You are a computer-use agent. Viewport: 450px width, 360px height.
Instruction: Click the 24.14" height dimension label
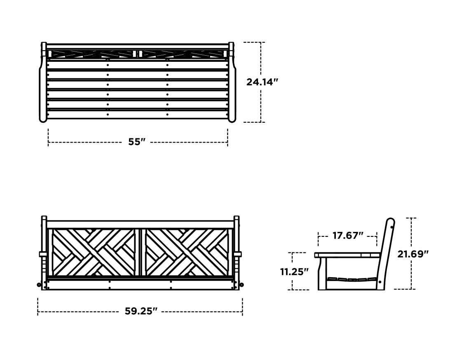click(262, 82)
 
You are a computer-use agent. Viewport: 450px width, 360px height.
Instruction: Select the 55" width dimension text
click(137, 142)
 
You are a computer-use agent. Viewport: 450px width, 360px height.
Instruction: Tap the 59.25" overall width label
click(141, 311)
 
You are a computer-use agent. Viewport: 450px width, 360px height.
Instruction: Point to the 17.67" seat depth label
click(347, 236)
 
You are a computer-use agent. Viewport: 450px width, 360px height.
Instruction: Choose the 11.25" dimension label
click(294, 272)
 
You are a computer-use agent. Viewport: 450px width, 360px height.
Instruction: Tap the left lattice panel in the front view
click(94, 252)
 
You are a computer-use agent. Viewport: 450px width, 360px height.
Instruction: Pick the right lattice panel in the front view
click(187, 252)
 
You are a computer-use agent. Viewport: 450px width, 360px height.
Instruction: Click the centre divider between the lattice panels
click(140, 252)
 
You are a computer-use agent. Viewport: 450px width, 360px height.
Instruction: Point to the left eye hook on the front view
click(39, 285)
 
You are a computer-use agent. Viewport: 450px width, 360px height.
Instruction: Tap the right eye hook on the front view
click(241, 285)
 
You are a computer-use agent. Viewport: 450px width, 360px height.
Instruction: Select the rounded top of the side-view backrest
click(391, 222)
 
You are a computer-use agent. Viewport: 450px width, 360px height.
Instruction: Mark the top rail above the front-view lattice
click(140, 224)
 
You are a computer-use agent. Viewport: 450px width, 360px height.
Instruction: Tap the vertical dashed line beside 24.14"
click(261, 103)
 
